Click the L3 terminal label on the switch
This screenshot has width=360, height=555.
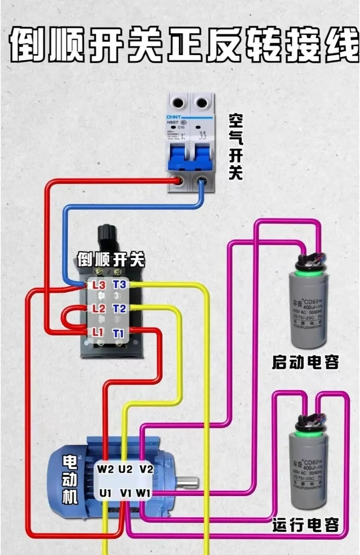[x=99, y=285]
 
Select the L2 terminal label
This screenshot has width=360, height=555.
[x=99, y=308]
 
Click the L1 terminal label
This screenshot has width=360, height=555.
[x=99, y=332]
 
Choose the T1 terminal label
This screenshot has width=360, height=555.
[x=119, y=333]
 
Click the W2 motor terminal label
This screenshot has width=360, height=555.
[x=105, y=468]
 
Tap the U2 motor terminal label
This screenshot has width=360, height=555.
[x=125, y=468]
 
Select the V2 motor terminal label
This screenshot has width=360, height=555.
[x=146, y=468]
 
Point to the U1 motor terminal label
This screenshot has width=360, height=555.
[x=105, y=493]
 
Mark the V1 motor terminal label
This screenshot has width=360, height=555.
[x=126, y=493]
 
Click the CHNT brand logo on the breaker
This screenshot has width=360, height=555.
[x=174, y=117]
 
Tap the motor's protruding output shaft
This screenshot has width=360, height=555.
[x=188, y=482]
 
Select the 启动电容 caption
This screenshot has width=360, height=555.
[x=305, y=362]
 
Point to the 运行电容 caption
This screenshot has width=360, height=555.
[x=305, y=525]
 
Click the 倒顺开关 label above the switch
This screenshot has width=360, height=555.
[x=111, y=260]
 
